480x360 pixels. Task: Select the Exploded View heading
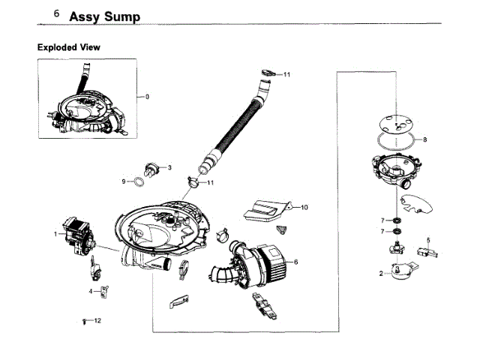point(69,47)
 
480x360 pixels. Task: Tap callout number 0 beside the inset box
point(147,97)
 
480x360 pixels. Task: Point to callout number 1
point(55,234)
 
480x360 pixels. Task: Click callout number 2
point(382,274)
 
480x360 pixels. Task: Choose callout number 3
point(170,167)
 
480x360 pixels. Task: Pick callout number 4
point(91,290)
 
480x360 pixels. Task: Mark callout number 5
point(428,240)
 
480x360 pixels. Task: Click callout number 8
point(425,139)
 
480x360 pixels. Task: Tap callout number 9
point(124,181)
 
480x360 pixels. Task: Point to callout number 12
point(97,321)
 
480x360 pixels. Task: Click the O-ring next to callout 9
point(139,181)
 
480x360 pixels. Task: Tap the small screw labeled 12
point(83,321)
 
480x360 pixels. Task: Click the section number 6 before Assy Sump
point(57,14)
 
